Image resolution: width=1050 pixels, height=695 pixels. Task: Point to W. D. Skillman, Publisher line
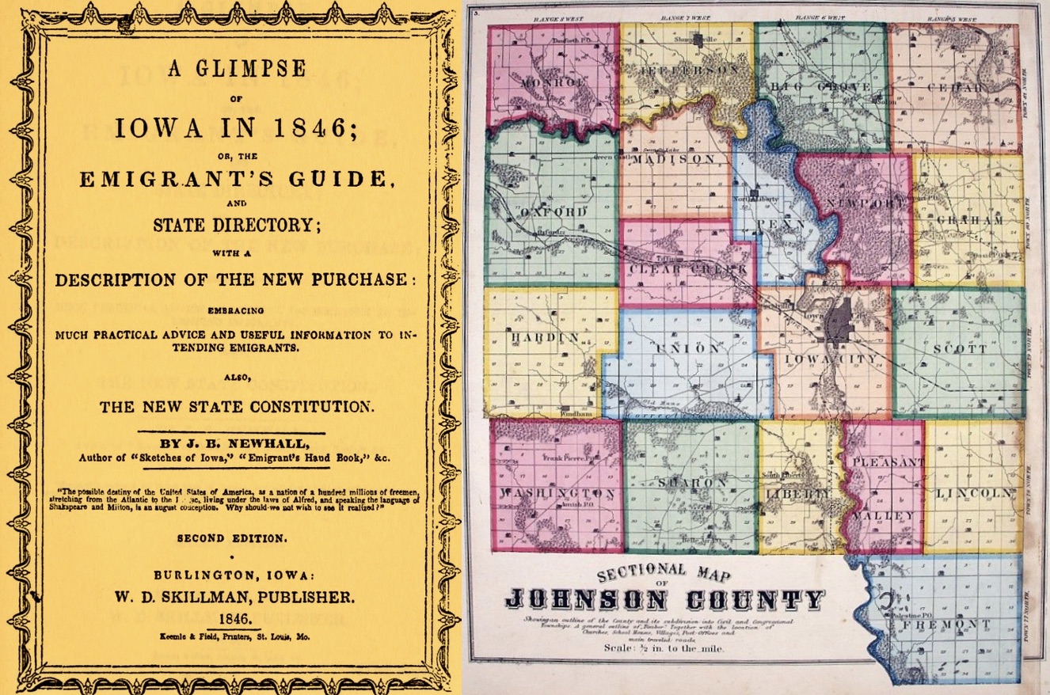coord(236,596)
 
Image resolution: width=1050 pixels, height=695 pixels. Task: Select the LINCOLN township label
coord(974,493)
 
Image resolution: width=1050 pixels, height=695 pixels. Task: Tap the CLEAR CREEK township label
coord(688,269)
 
